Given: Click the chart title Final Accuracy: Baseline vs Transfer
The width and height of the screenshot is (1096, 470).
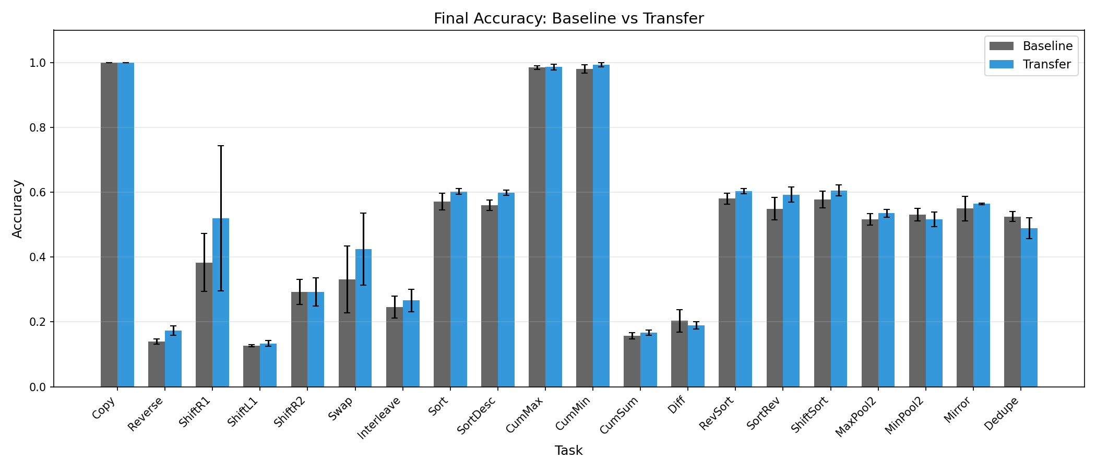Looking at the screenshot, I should [x=568, y=19].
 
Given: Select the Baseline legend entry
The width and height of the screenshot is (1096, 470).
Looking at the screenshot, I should [x=1047, y=46].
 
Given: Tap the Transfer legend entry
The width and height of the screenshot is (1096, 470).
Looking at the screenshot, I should [x=1046, y=64].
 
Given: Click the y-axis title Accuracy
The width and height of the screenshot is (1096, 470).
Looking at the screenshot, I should [x=18, y=209].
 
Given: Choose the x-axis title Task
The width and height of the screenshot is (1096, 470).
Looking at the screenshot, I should [x=568, y=451].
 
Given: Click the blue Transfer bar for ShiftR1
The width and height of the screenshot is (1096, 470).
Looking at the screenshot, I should [x=221, y=303].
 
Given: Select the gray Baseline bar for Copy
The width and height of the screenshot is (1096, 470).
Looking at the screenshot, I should [x=109, y=225].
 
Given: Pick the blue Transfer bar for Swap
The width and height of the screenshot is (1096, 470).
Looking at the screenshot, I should [x=363, y=319].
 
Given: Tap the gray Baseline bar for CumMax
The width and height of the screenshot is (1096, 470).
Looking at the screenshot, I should [x=537, y=227].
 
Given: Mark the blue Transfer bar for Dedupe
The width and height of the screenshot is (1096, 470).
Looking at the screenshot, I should [x=1029, y=308].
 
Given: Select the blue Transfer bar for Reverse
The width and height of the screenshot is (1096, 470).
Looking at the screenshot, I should [x=173, y=359].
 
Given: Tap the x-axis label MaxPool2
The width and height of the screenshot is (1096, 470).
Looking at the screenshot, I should [x=856, y=416].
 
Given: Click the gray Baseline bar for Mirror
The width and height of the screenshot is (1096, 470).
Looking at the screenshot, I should [x=965, y=298].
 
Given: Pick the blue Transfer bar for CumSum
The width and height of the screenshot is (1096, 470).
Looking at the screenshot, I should [x=648, y=360].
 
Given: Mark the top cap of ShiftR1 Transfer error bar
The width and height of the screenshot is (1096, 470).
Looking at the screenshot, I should [x=221, y=146].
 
